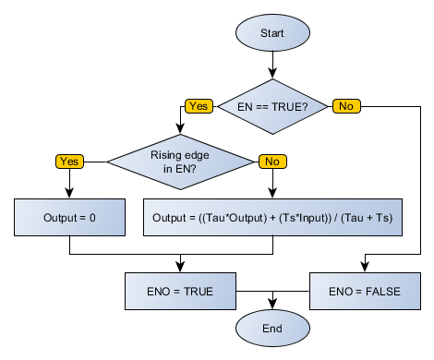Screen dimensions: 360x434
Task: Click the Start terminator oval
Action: click(x=272, y=32)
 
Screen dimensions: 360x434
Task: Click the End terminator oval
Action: click(x=272, y=328)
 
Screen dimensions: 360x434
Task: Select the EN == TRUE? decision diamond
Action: click(x=272, y=106)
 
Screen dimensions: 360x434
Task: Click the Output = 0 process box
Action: click(x=69, y=218)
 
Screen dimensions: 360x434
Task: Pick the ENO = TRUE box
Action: click(x=180, y=292)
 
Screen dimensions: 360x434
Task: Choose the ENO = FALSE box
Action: click(x=364, y=292)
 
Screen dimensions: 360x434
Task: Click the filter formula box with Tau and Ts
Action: click(x=272, y=218)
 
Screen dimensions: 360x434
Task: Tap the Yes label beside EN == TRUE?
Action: click(x=198, y=106)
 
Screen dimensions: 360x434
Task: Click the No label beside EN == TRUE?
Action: click(x=345, y=106)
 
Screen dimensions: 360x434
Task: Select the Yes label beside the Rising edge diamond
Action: click(x=69, y=161)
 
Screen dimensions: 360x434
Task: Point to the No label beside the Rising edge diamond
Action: click(x=272, y=161)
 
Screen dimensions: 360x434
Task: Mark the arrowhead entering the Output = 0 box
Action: click(x=69, y=194)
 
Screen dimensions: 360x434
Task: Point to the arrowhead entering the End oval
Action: click(x=272, y=305)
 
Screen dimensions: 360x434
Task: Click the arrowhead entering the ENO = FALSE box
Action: click(x=364, y=268)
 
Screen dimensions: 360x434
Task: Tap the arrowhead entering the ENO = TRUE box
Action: click(x=180, y=268)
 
